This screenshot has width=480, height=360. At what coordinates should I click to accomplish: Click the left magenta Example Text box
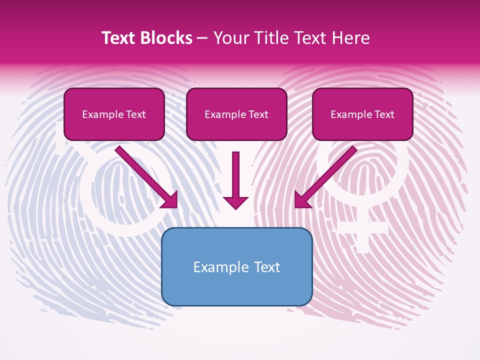tap(114, 114)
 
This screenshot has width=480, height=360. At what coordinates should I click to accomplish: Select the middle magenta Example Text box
tap(236, 114)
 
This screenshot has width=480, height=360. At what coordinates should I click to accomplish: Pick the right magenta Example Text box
tap(362, 114)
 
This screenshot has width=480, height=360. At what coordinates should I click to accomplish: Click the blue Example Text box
tap(236, 266)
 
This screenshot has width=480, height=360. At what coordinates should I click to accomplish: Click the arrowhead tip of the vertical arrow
tap(235, 207)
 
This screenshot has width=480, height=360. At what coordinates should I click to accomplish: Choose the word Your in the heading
tap(228, 38)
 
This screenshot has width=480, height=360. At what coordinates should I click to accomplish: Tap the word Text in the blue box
tap(268, 267)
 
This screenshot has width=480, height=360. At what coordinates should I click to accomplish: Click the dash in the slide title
tap(203, 38)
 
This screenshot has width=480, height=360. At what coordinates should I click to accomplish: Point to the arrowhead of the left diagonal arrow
tap(170, 199)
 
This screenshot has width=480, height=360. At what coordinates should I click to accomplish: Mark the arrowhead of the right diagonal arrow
tap(302, 199)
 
